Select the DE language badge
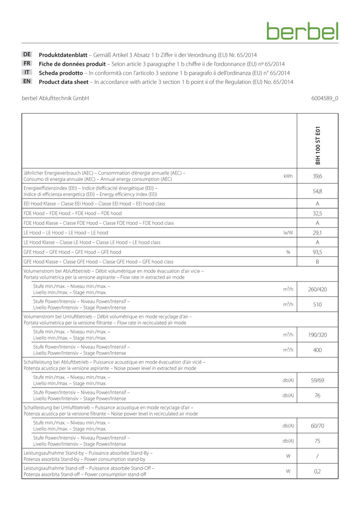pyautogui.click(x=27, y=55)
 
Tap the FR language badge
pyautogui.click(x=27, y=63)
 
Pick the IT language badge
pyautogui.click(x=27, y=72)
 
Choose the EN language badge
pyautogui.click(x=27, y=82)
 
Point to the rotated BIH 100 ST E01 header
pyautogui.click(x=317, y=145)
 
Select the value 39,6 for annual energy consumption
pyautogui.click(x=317, y=176)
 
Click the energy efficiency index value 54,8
pyautogui.click(x=317, y=191)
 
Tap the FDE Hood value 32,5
pyautogui.click(x=317, y=213)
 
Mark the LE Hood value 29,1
pyautogui.click(x=317, y=233)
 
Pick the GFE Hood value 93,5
pyautogui.click(x=317, y=252)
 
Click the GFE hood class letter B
pyautogui.click(x=317, y=262)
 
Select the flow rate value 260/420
pyautogui.click(x=317, y=289)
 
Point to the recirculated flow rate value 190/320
pyautogui.click(x=317, y=334)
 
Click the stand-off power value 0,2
pyautogui.click(x=317, y=471)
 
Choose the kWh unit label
pyautogui.click(x=288, y=176)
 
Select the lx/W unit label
pyautogui.click(x=288, y=233)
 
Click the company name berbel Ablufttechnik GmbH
pyautogui.click(x=55, y=98)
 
